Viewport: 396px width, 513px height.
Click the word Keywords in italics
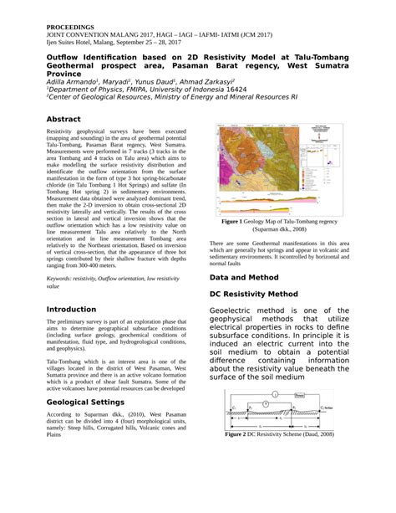click(x=65, y=276)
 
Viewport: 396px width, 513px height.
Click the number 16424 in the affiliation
click(x=236, y=88)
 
